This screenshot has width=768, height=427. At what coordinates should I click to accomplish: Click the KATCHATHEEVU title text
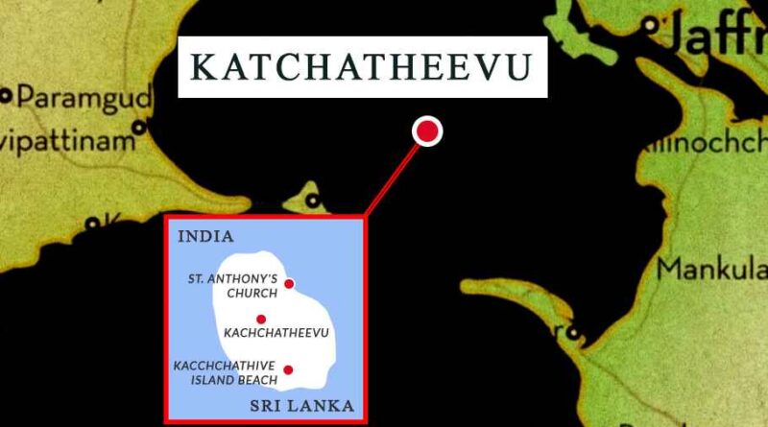tap(362, 67)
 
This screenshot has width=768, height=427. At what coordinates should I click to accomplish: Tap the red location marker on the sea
tap(427, 131)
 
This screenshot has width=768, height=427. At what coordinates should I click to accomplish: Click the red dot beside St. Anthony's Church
tap(289, 284)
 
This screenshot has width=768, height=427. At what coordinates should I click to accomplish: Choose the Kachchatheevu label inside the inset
tap(276, 333)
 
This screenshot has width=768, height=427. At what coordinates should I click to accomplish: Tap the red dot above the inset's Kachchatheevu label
tap(261, 319)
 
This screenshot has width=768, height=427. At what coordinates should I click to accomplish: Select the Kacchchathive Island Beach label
tap(225, 372)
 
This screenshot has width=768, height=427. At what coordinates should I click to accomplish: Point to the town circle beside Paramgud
tap(6, 95)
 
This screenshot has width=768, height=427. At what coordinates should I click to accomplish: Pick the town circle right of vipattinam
tap(140, 127)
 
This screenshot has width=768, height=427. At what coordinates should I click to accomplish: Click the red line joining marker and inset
tap(394, 176)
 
